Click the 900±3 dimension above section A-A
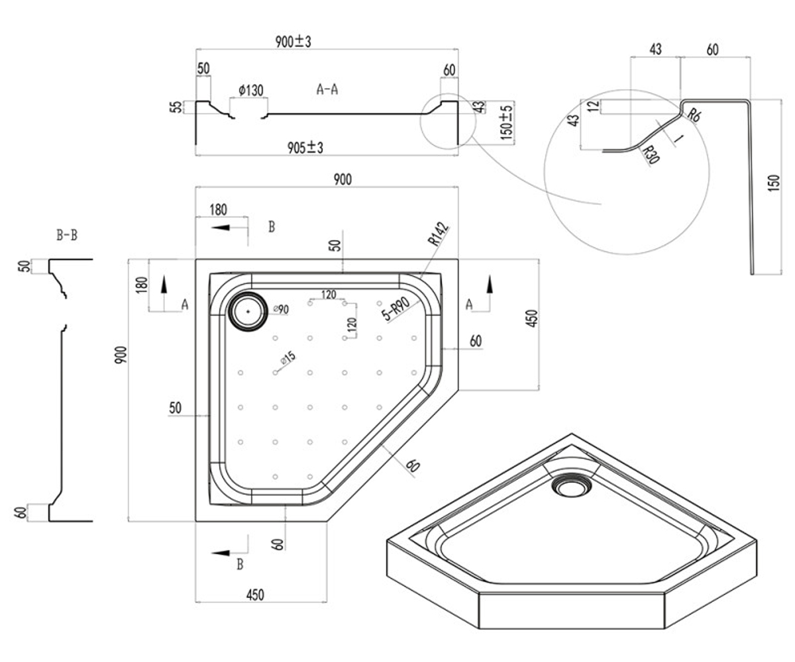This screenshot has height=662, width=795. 293,42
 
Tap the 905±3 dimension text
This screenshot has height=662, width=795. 305,148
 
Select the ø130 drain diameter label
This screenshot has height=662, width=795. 251,91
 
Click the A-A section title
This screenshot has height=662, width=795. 327,89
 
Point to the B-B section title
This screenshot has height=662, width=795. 67,235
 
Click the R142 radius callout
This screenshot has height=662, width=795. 439,234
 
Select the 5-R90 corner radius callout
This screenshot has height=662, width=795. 396,308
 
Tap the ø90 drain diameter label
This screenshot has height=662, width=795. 281,309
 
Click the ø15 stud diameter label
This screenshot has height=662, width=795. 288,358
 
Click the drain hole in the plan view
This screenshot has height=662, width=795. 248,312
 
